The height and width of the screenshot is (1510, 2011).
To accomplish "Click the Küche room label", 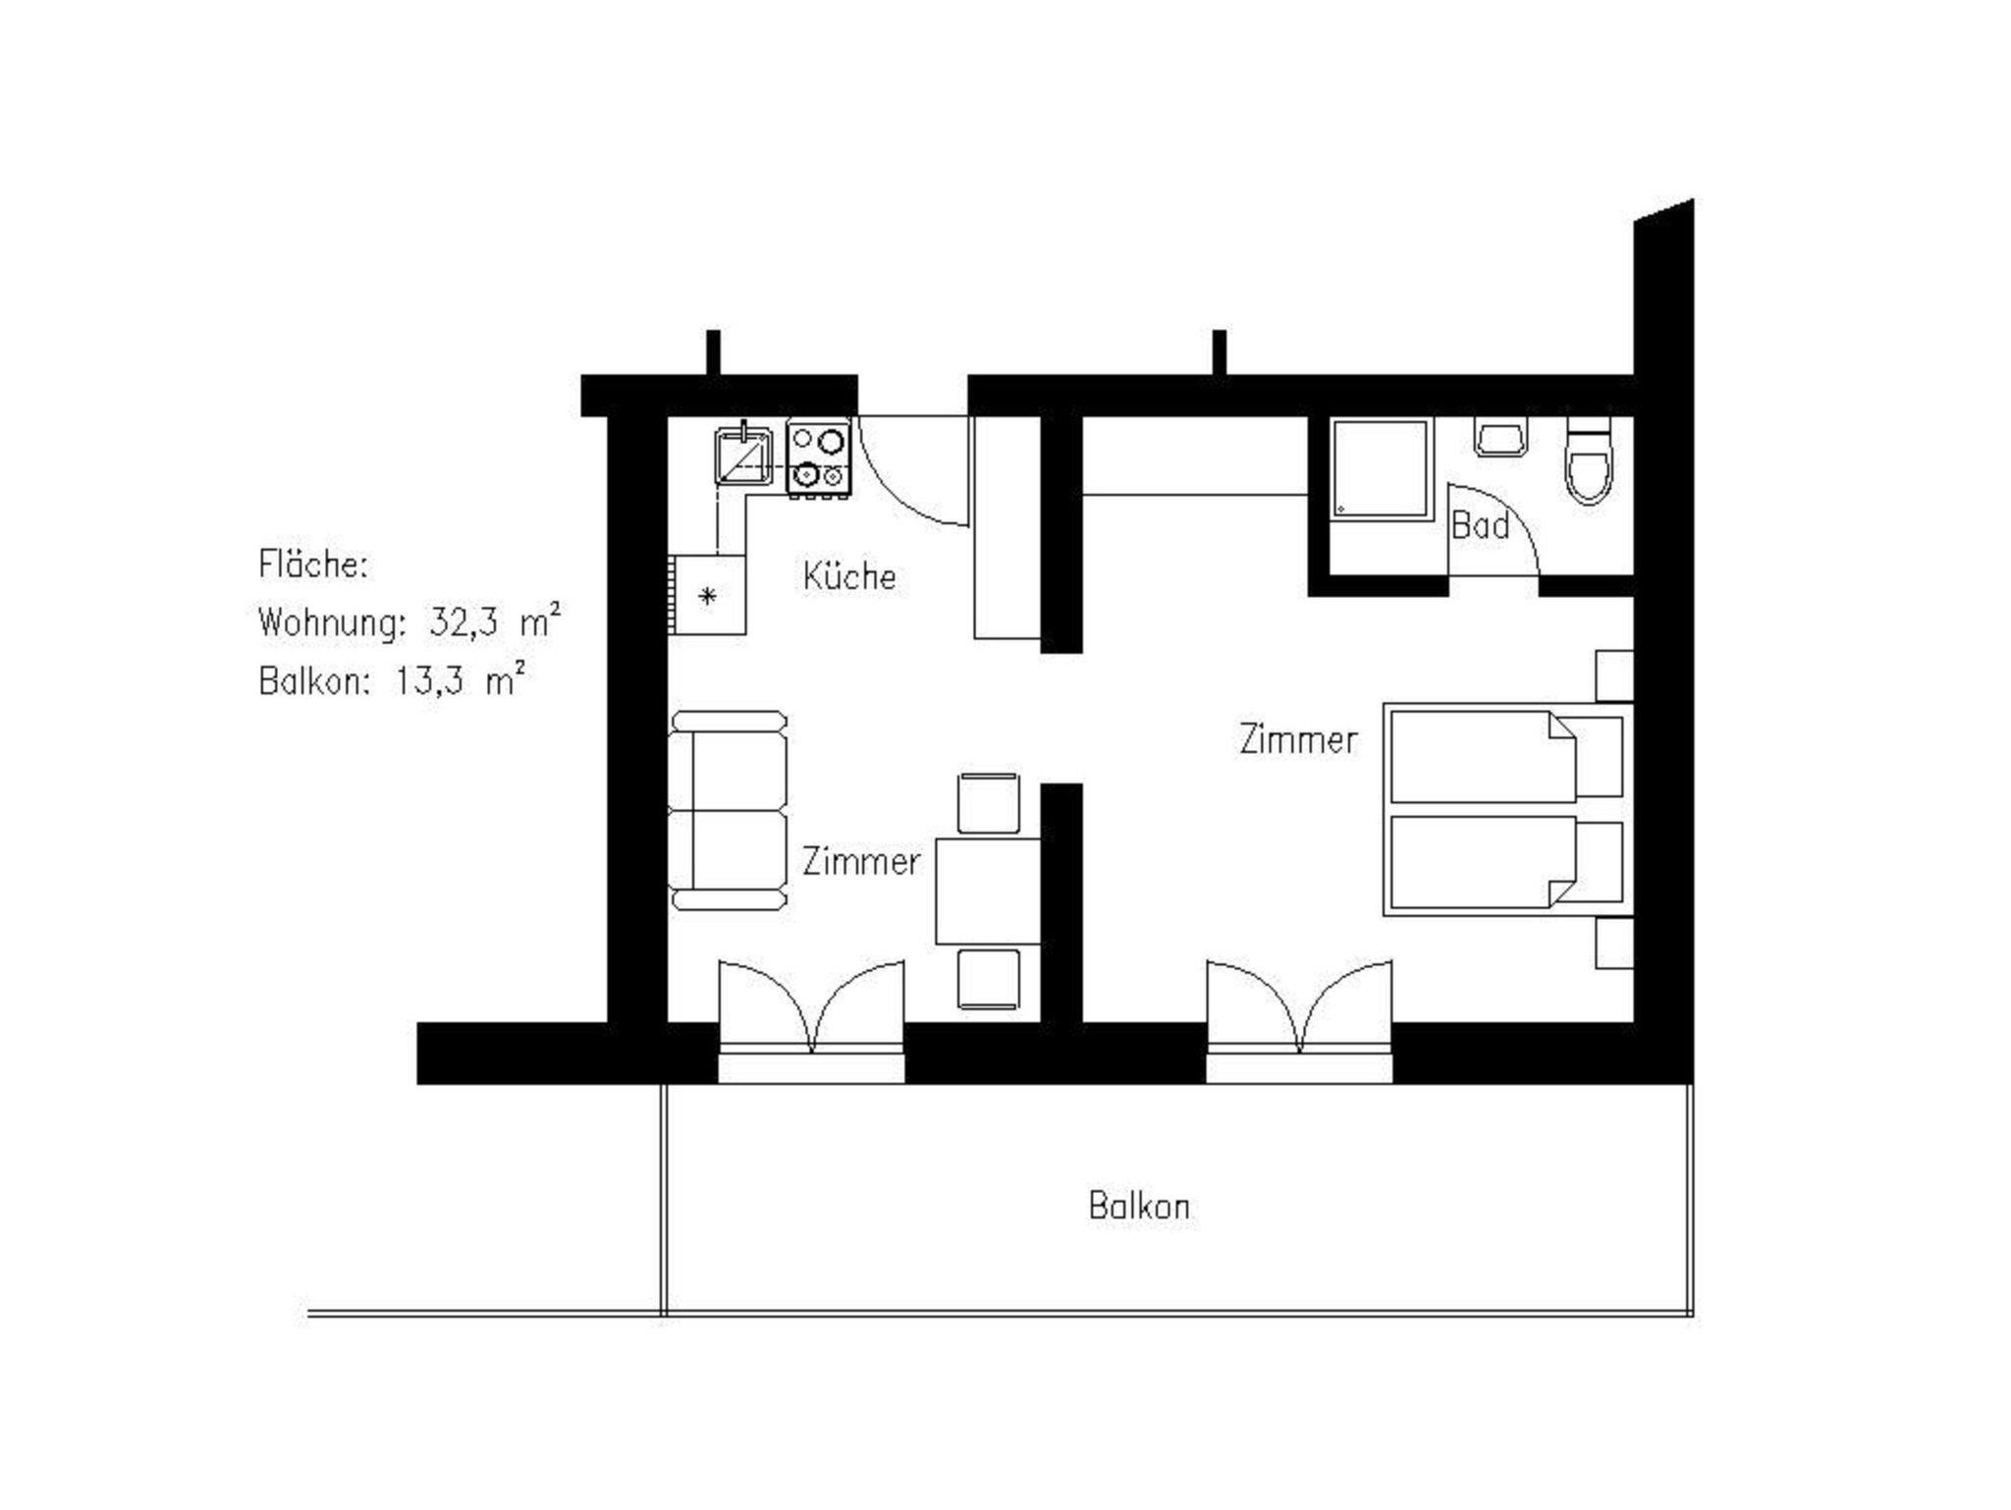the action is pyautogui.click(x=849, y=576).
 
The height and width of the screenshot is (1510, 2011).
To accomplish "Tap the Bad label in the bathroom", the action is pyautogui.click(x=1480, y=525).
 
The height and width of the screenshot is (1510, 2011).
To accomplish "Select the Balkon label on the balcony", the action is pyautogui.click(x=1139, y=1206).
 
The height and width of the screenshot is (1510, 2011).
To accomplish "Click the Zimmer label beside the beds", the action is pyautogui.click(x=1298, y=739).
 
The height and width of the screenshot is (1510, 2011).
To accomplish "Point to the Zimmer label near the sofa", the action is pyautogui.click(x=861, y=861).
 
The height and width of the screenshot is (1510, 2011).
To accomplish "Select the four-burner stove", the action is pyautogui.click(x=818, y=458).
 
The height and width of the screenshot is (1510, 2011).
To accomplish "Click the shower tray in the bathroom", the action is pyautogui.click(x=1380, y=468).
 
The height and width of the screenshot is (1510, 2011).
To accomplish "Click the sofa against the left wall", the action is pyautogui.click(x=729, y=811).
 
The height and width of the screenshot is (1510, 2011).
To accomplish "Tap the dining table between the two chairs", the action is pyautogui.click(x=988, y=890).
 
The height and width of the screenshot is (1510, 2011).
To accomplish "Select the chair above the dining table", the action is pyautogui.click(x=989, y=803).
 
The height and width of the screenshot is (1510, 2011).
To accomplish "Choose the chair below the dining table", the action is pyautogui.click(x=989, y=979).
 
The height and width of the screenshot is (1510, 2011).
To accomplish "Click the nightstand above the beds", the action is pyautogui.click(x=1614, y=675).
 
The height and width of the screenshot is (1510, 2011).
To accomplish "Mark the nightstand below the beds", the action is pyautogui.click(x=1614, y=944).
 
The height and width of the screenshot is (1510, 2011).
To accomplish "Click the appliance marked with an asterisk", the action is pyautogui.click(x=708, y=595).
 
